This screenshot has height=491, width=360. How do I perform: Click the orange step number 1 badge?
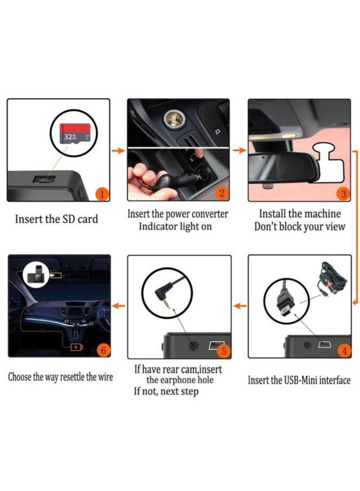point(102,194)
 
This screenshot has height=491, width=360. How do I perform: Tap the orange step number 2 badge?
point(222,193)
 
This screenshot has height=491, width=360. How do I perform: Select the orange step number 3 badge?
point(343,194)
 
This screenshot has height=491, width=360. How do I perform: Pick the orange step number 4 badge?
point(344,351)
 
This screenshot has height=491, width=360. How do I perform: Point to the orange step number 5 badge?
point(224,351)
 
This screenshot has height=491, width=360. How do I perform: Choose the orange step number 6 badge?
point(103,350)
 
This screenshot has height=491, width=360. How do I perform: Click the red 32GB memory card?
point(75,133)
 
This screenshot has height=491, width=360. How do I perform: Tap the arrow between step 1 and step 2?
point(118,151)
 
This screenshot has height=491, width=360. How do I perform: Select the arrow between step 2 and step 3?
point(239,150)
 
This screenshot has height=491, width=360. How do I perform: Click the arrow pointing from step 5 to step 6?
point(119,306)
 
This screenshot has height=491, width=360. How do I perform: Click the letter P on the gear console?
point(218,132)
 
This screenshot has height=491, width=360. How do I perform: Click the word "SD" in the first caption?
point(69,219)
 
